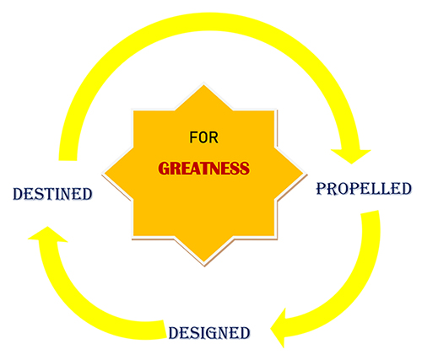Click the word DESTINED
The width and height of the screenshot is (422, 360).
pos(52,194)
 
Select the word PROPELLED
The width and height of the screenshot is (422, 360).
pos(364,188)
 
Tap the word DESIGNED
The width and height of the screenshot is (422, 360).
pos(209,333)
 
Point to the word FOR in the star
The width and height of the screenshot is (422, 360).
pos(203,137)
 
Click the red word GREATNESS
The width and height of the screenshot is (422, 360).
pos(203,169)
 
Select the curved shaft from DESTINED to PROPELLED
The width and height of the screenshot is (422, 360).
pos(208,21)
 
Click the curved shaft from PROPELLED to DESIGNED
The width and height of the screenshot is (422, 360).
pos(353,284)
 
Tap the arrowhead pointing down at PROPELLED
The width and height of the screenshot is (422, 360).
pos(351,156)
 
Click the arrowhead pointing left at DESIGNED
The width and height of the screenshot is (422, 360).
pos(279,328)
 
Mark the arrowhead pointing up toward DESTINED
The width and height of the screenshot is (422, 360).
pos(47,234)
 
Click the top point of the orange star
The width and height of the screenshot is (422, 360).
pos(203,85)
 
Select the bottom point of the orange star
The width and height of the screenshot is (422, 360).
pos(204,265)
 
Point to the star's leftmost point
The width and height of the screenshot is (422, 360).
pos(104,175)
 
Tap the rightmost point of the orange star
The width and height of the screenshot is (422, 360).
pos(306,175)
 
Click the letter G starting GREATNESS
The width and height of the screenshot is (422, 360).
pos(163,169)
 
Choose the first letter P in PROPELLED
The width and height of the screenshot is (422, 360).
pos(322,189)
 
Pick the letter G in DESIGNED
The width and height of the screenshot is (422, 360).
pos(210,333)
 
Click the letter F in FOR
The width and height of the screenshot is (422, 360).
pos(193,137)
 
